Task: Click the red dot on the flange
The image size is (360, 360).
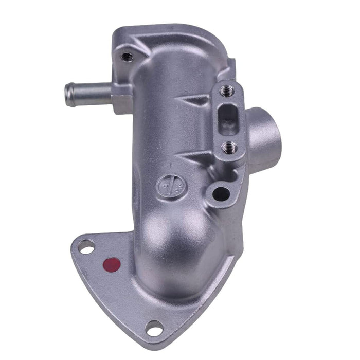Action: coord(112,265)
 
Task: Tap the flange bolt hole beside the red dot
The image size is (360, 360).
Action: coord(87,248)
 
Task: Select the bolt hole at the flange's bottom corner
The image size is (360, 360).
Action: coord(154,326)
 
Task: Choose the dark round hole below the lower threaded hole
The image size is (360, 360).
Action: coord(221,193)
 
